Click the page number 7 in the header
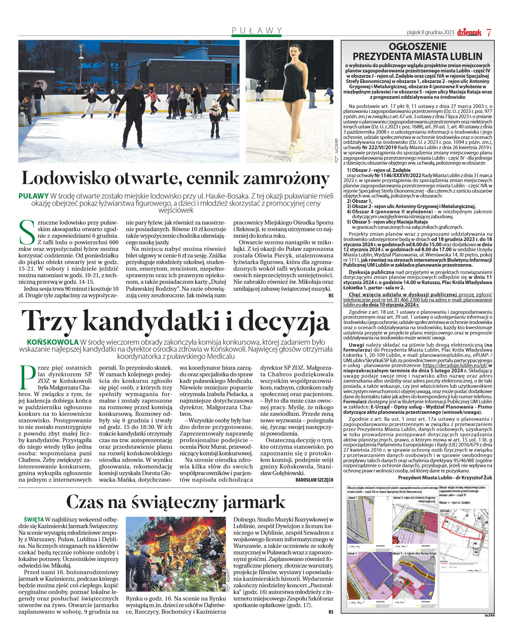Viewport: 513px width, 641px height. [x=489, y=32]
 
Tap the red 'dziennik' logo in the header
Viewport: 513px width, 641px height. [x=469, y=32]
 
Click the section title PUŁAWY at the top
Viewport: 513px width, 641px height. [x=257, y=30]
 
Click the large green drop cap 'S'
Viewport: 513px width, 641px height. [x=27, y=232]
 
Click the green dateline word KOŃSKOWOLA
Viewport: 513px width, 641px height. [x=52, y=342]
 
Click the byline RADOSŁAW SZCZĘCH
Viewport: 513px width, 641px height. [x=314, y=480]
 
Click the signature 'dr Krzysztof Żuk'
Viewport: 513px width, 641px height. [x=473, y=477]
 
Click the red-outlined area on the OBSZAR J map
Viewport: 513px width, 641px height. [x=461, y=530]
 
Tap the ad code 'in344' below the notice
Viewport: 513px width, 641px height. [x=489, y=615]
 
